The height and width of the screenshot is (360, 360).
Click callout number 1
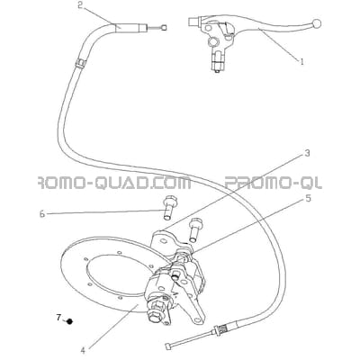(x=302, y=61)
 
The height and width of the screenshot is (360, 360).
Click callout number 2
(x=80, y=5)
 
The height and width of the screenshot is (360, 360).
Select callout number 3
(x=307, y=154)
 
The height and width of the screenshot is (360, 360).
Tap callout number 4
(x=84, y=350)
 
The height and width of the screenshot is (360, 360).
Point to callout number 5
(x=308, y=199)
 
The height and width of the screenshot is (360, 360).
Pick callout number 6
(x=42, y=214)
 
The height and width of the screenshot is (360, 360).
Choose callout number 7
(x=58, y=317)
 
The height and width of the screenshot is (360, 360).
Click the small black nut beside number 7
(x=70, y=321)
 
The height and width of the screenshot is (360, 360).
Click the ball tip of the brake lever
(x=316, y=23)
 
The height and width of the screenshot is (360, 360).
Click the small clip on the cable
(x=80, y=63)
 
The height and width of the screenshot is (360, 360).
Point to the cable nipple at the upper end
(x=164, y=28)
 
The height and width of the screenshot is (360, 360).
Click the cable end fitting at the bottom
(x=168, y=346)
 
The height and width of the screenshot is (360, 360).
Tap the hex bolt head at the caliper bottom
(x=153, y=315)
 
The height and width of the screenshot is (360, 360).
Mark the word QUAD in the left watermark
(x=119, y=183)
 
